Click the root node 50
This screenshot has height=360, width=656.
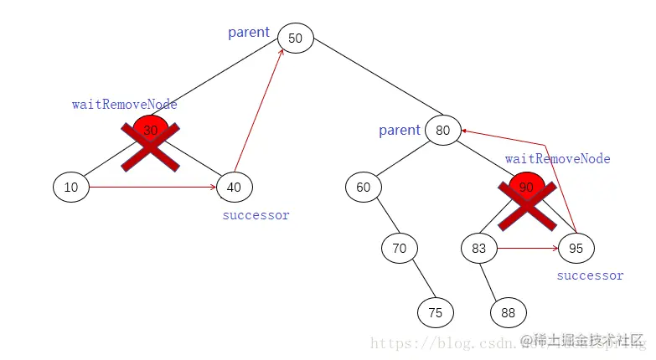(x=295, y=39)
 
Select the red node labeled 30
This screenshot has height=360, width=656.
(x=150, y=131)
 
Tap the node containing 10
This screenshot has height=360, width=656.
(x=71, y=188)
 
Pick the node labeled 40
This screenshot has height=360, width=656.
(x=234, y=188)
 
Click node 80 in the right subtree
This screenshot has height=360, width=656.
(x=442, y=130)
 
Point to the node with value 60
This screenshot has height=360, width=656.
(x=363, y=187)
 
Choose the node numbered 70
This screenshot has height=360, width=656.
(x=399, y=248)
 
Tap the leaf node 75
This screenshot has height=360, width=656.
(x=436, y=312)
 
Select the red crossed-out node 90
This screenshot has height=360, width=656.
(x=526, y=188)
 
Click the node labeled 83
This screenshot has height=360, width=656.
(x=478, y=248)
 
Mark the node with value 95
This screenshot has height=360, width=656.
(x=576, y=248)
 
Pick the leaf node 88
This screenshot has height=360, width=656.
(x=509, y=312)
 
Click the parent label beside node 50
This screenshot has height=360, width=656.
(x=249, y=33)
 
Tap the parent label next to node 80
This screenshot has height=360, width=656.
(x=399, y=130)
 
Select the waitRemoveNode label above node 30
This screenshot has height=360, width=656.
(x=124, y=105)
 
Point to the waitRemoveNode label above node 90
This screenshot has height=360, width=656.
(x=557, y=159)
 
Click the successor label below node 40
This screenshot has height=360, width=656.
(x=256, y=215)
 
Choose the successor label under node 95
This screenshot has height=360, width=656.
(x=590, y=275)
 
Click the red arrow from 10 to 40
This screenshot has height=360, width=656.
(x=151, y=188)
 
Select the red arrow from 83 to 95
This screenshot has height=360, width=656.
(x=526, y=248)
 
